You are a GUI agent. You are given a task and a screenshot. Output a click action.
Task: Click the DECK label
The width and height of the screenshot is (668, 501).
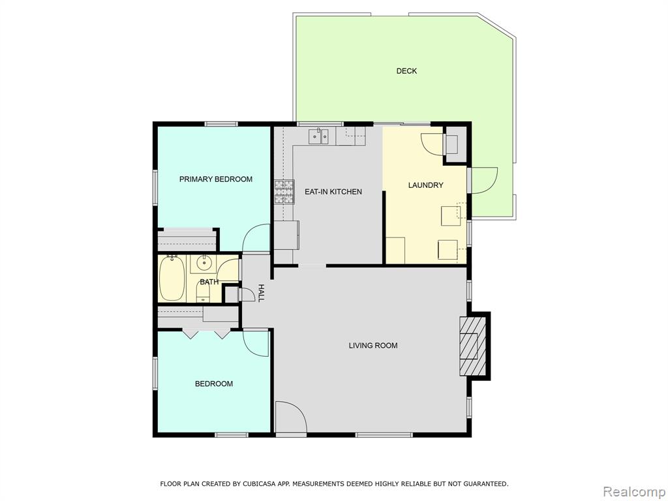point(406,71)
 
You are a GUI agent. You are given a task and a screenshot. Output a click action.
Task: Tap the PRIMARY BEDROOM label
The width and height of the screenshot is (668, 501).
point(215,179)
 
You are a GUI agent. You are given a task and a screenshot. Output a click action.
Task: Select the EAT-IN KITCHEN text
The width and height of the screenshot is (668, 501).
point(333,192)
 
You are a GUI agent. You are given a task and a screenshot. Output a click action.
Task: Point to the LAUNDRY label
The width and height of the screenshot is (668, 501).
point(425,185)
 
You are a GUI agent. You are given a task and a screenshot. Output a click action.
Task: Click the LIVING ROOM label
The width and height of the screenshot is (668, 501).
point(373,346)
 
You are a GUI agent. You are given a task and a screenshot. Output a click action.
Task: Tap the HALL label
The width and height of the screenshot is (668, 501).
point(261,293)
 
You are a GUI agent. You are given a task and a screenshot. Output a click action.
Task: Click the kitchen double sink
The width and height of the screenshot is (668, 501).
point(318,136)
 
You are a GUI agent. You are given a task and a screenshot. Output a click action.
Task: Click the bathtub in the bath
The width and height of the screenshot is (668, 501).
point(172,279)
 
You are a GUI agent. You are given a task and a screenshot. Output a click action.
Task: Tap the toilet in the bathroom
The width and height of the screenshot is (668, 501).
point(204,291)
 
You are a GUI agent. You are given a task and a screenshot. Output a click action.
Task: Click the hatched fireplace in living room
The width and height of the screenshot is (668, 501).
point(472,346)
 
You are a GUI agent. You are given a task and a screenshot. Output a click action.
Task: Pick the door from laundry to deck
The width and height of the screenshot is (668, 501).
point(483,181)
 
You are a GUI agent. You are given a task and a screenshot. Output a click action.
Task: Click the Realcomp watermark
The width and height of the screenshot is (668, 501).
point(634,492)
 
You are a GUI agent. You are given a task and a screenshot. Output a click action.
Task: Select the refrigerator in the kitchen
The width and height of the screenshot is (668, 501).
point(286,235)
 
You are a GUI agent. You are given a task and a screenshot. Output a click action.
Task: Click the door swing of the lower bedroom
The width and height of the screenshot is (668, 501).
point(256,343)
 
